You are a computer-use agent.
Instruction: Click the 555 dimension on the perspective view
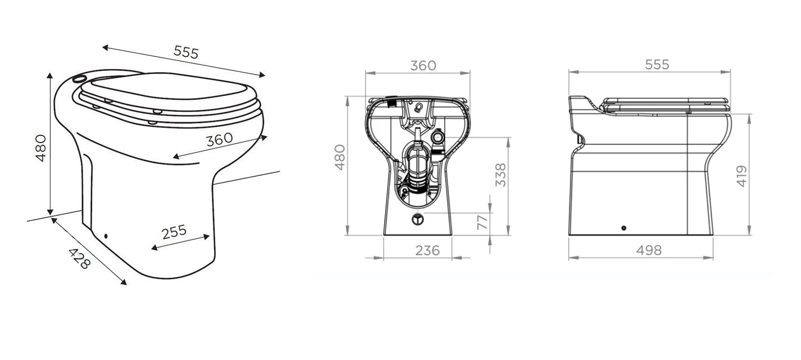point(186,52)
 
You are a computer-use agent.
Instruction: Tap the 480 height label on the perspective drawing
point(42,148)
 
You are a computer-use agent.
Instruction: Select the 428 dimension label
point(80,258)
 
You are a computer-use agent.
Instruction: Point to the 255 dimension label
point(174,232)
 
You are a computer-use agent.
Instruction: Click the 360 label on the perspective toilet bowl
point(220,139)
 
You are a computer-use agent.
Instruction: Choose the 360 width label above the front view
point(423,66)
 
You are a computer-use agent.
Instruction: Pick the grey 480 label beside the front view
point(340,157)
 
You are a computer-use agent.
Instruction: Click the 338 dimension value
point(501,175)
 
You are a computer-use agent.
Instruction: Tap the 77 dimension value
point(483,222)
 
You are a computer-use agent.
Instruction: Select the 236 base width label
point(427,251)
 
